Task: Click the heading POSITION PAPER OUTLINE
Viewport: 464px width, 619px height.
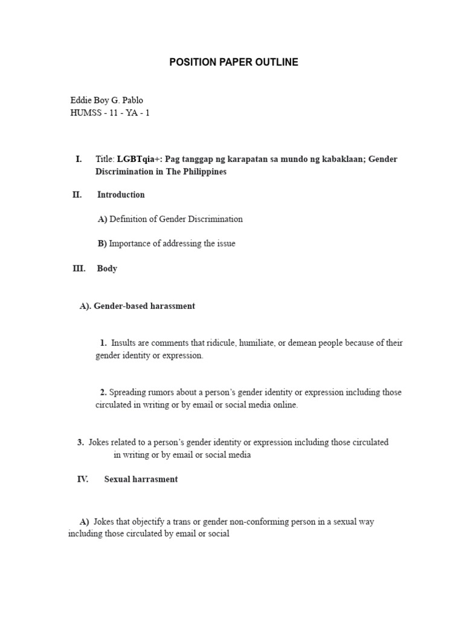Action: click(233, 62)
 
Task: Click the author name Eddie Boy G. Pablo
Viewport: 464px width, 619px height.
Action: click(107, 100)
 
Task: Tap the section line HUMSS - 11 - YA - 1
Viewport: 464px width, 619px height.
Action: click(110, 113)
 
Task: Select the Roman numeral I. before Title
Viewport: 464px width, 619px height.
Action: click(79, 159)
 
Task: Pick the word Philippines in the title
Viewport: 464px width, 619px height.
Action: click(202, 172)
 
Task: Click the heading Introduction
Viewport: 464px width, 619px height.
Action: click(121, 195)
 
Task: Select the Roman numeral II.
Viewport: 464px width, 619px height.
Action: click(77, 195)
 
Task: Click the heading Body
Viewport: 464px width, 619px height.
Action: click(107, 268)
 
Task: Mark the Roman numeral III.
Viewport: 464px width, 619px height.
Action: click(79, 268)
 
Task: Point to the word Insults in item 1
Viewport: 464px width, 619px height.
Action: click(124, 343)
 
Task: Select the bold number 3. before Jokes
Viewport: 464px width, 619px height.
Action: click(80, 442)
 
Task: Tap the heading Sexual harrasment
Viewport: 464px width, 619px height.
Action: click(141, 479)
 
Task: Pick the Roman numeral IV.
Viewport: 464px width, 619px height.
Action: click(83, 479)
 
